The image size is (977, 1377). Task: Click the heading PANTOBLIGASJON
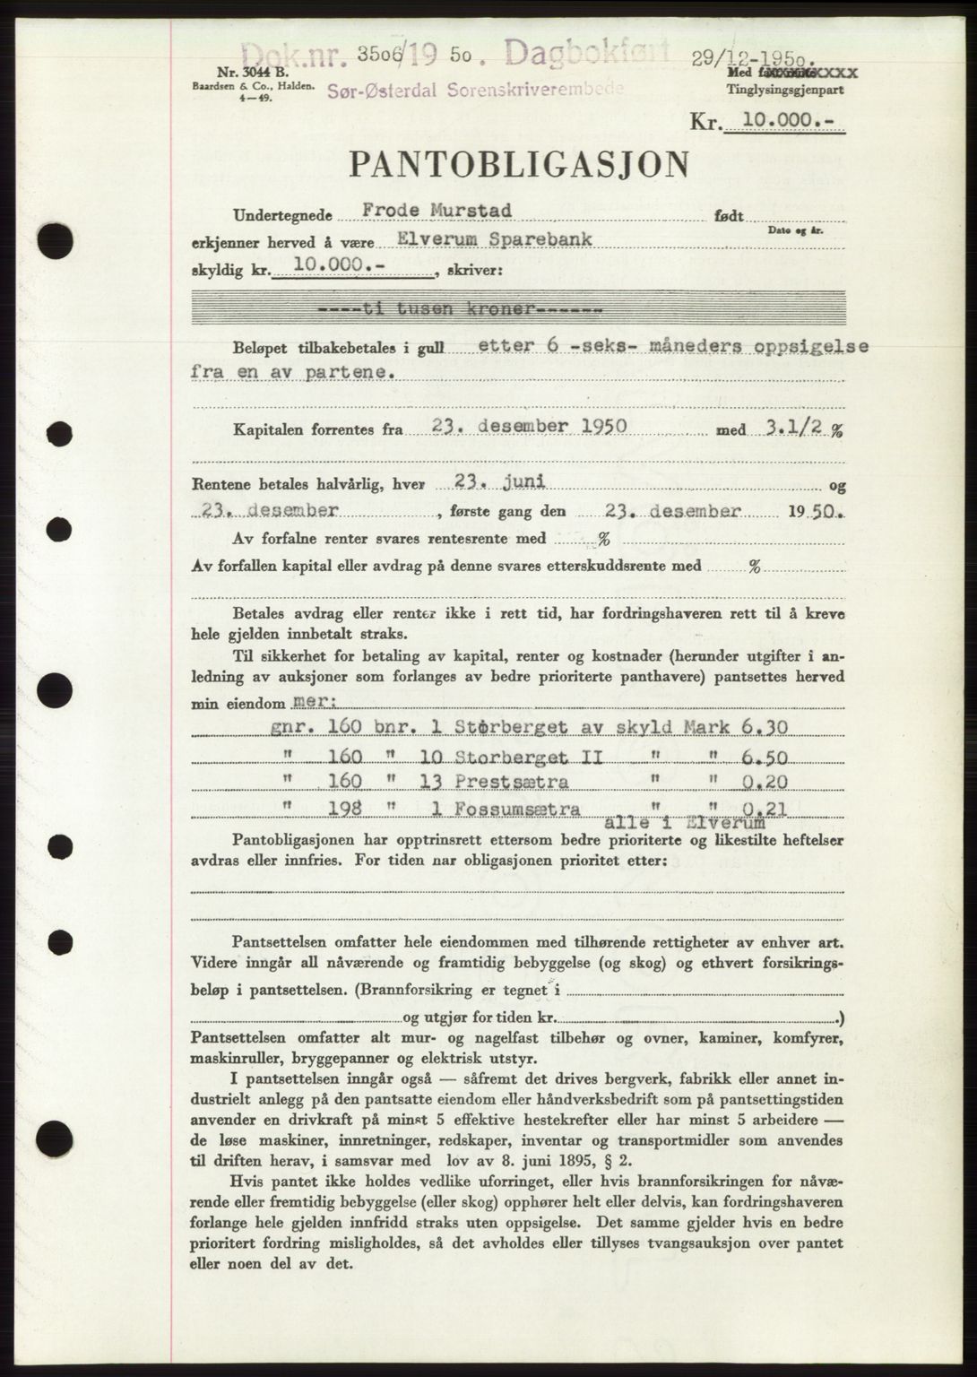click(x=519, y=164)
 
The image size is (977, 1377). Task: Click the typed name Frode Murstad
click(x=437, y=212)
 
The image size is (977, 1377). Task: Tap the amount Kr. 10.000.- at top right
click(x=767, y=124)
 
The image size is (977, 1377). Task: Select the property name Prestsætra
click(x=511, y=782)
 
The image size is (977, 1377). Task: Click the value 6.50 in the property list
click(x=765, y=758)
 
